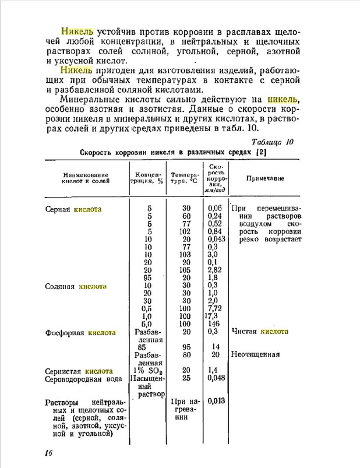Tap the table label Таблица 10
[x=273, y=142]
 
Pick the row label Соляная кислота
[x=76, y=287]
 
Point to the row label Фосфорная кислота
[x=80, y=333]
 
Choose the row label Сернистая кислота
[x=79, y=371]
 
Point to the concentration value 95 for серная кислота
[x=149, y=278]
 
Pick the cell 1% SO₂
[x=149, y=371]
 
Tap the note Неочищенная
[x=255, y=354]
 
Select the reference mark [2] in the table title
[x=260, y=153]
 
